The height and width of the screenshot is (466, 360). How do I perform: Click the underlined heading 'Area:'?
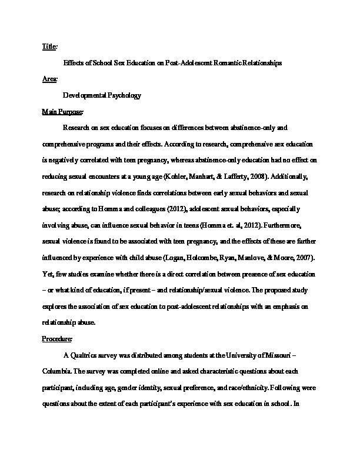coord(49,78)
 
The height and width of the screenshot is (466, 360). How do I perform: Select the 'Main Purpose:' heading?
coord(63,111)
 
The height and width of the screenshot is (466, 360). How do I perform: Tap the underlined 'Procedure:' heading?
coord(58,339)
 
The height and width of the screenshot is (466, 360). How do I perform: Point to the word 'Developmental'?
coord(83,95)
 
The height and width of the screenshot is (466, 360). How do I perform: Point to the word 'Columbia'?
coord(56,372)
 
